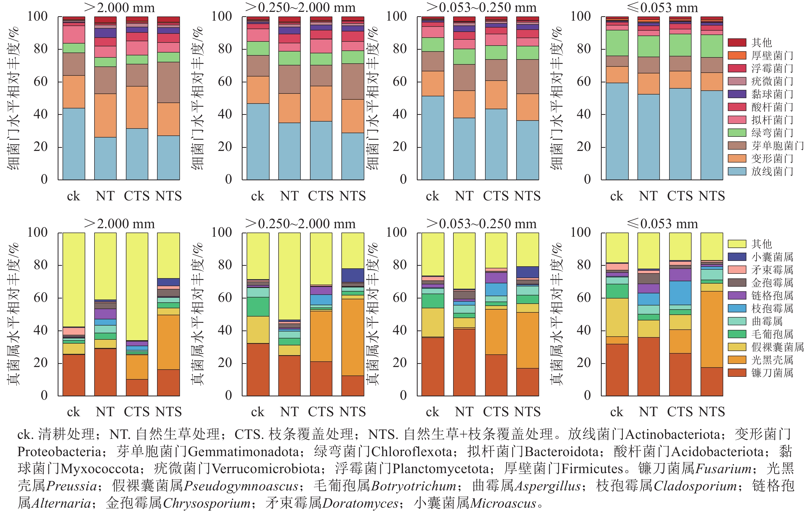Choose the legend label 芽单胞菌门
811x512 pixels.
777,146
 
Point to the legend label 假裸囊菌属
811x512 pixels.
777,347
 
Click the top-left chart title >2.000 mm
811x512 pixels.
119,7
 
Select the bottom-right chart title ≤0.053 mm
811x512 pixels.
662,224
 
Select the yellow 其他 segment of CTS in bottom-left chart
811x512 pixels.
137,286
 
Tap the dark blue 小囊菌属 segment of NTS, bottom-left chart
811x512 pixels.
168,282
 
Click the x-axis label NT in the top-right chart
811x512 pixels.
648,196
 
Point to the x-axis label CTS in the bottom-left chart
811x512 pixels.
136,412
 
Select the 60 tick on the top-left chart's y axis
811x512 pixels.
40,82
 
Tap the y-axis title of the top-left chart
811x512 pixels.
13,98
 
